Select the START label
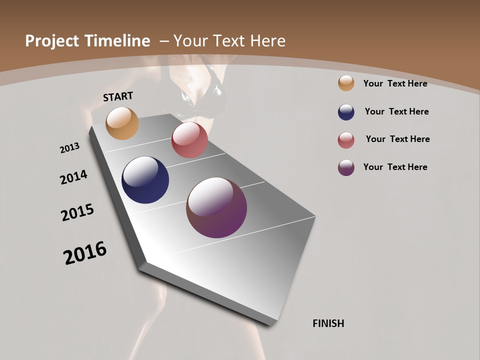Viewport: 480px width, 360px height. click(x=118, y=96)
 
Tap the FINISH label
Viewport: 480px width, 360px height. click(x=328, y=323)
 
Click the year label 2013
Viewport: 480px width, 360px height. click(x=69, y=148)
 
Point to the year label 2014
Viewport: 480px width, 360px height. click(x=73, y=177)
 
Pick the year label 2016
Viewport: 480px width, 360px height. click(x=85, y=253)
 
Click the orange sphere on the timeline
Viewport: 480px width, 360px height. click(x=122, y=123)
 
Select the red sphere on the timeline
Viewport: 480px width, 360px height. click(x=189, y=140)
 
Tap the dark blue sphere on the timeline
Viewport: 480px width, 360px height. click(x=145, y=180)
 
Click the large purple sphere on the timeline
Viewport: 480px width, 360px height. click(x=216, y=207)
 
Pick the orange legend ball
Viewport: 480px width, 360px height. click(x=346, y=83)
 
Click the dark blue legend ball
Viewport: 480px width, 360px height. click(x=346, y=112)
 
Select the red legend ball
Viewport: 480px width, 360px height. click(x=346, y=140)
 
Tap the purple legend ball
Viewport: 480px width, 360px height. click(x=346, y=167)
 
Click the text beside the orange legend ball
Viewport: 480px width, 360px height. click(x=395, y=83)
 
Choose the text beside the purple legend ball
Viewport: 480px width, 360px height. click(x=395, y=167)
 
